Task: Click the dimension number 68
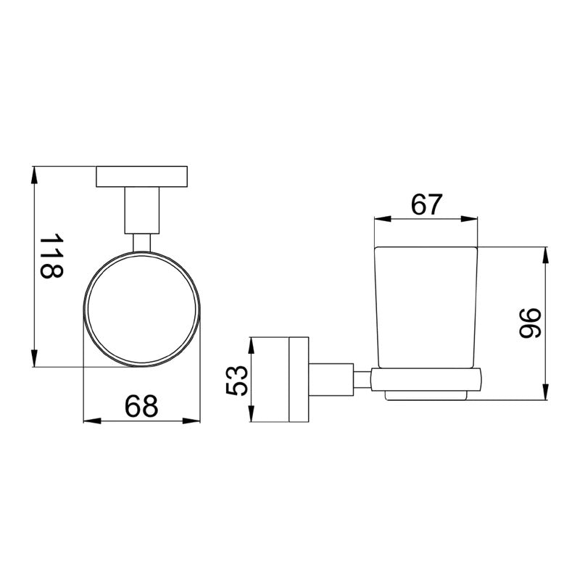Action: click(141, 407)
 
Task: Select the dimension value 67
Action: click(426, 205)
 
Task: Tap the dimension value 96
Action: click(531, 323)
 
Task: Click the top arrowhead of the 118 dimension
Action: click(34, 173)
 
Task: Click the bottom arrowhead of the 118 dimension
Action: click(34, 360)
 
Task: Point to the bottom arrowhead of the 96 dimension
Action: click(545, 394)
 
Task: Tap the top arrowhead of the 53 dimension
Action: click(251, 343)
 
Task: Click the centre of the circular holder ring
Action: click(142, 308)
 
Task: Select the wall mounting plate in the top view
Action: click(142, 176)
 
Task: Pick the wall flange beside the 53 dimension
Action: click(298, 380)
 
